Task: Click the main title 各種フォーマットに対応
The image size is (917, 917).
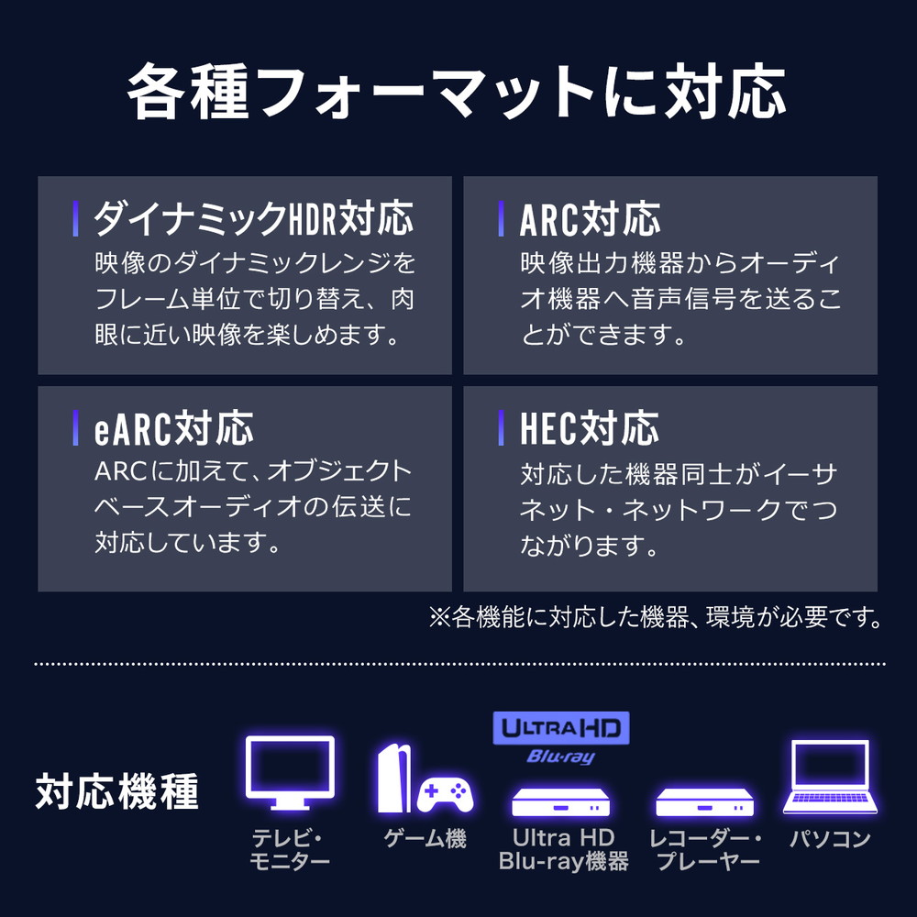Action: pos(456,93)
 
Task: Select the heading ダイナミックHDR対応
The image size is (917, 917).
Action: pos(254,219)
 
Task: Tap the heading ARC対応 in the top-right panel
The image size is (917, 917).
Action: pos(590,219)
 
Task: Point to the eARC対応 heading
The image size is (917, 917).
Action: pos(173,428)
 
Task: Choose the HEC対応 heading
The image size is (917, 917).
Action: pos(590,428)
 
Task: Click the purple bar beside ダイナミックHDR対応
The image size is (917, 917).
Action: pos(75,219)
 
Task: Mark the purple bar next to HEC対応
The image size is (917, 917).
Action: pos(502,428)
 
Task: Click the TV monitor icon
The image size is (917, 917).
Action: pos(290,772)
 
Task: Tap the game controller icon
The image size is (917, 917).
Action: pos(445,795)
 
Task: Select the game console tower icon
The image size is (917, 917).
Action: pos(394,779)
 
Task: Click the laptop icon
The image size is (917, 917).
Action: pos(830,777)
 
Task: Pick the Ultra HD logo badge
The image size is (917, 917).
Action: pos(561,727)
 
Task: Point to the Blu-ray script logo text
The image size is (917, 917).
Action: pos(561,757)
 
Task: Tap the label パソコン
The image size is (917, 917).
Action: pos(830,839)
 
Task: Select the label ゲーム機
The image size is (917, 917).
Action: pos(425,839)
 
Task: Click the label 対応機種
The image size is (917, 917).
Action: pos(117,791)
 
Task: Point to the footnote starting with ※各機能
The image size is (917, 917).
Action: pos(656,617)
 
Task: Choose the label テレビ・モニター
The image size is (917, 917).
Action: pos(290,850)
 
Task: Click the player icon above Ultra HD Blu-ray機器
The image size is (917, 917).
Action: pos(561,801)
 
